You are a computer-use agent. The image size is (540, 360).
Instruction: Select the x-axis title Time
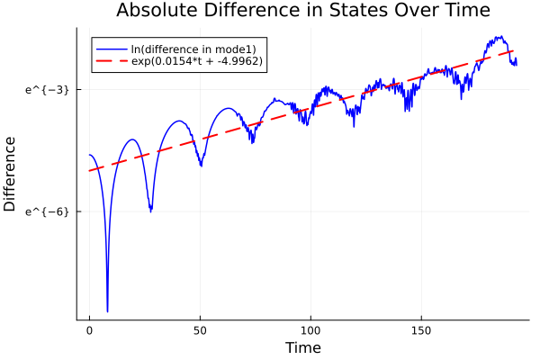302,347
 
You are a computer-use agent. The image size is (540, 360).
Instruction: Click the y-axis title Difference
11,174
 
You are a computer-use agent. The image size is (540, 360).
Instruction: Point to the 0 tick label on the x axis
89,331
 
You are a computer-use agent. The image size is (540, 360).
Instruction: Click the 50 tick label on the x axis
200,331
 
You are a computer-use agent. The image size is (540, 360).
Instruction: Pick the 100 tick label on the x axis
310,331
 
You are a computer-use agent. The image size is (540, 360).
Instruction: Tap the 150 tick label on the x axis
421,331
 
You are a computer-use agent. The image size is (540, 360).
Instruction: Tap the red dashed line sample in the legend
112,61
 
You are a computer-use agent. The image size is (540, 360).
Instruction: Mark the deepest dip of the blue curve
107,310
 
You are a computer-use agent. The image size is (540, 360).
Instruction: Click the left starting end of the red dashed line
89,170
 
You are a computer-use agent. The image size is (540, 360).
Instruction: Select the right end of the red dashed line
514,51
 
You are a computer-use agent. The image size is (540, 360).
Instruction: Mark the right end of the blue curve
516,64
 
